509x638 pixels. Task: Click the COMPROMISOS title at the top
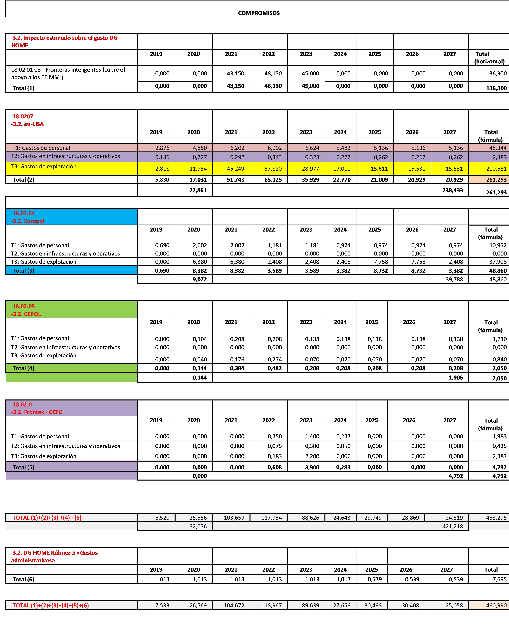pos(259,13)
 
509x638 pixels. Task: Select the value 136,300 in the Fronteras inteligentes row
pos(496,73)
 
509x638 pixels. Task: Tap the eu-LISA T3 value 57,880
pos(273,169)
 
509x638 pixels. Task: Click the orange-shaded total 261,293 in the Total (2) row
pos(496,180)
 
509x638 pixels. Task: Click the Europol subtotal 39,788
pos(454,279)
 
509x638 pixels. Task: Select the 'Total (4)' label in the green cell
pos(23,368)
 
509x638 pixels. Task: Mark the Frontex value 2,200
pos(312,456)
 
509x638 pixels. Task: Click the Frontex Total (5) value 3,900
pos(312,467)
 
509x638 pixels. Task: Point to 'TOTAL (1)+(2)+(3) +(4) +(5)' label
pos(47,518)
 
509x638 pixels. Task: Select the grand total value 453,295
pos(496,518)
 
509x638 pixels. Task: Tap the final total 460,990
pos(496,605)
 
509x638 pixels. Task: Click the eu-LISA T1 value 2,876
pos(162,148)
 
